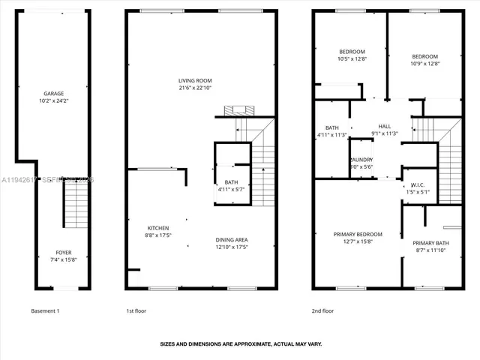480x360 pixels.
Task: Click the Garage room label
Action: [x=52, y=94]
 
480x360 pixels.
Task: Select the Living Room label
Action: [x=195, y=81]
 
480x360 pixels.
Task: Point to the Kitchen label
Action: [x=157, y=228]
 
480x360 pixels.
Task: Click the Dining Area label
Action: [x=232, y=239]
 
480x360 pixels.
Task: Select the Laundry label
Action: [x=361, y=160]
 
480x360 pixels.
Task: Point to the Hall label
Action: [x=385, y=126]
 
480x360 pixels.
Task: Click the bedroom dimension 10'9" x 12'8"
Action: [x=424, y=64]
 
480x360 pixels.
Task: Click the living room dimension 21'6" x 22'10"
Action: [x=195, y=88]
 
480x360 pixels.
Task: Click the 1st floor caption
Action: [x=136, y=310]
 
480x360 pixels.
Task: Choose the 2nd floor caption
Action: [x=323, y=310]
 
